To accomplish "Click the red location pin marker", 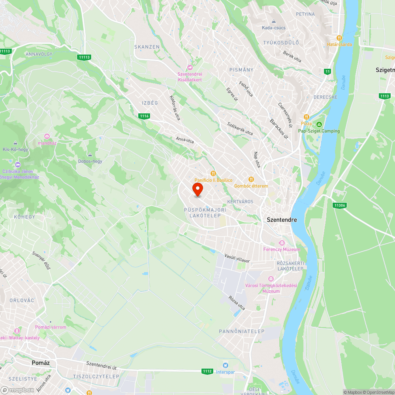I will pyautogui.click(x=198, y=189).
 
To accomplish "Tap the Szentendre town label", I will pyautogui.click(x=282, y=220).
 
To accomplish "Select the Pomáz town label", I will pyautogui.click(x=43, y=362).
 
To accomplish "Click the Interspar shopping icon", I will pyautogui.click(x=226, y=365).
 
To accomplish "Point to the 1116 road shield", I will pyautogui.click(x=144, y=116).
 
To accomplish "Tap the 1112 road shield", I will pyautogui.click(x=207, y=371).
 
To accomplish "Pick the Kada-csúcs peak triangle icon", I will pyautogui.click(x=273, y=21).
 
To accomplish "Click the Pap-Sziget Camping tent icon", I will pyautogui.click(x=319, y=124).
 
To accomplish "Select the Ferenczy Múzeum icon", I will pyautogui.click(x=282, y=243).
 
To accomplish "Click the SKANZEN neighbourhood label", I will pyautogui.click(x=147, y=47).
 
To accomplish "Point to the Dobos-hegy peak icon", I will pyautogui.click(x=90, y=154).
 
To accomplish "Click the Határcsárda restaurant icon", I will pyautogui.click(x=339, y=38).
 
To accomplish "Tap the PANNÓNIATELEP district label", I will pyautogui.click(x=242, y=331).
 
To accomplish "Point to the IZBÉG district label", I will pyautogui.click(x=150, y=103).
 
